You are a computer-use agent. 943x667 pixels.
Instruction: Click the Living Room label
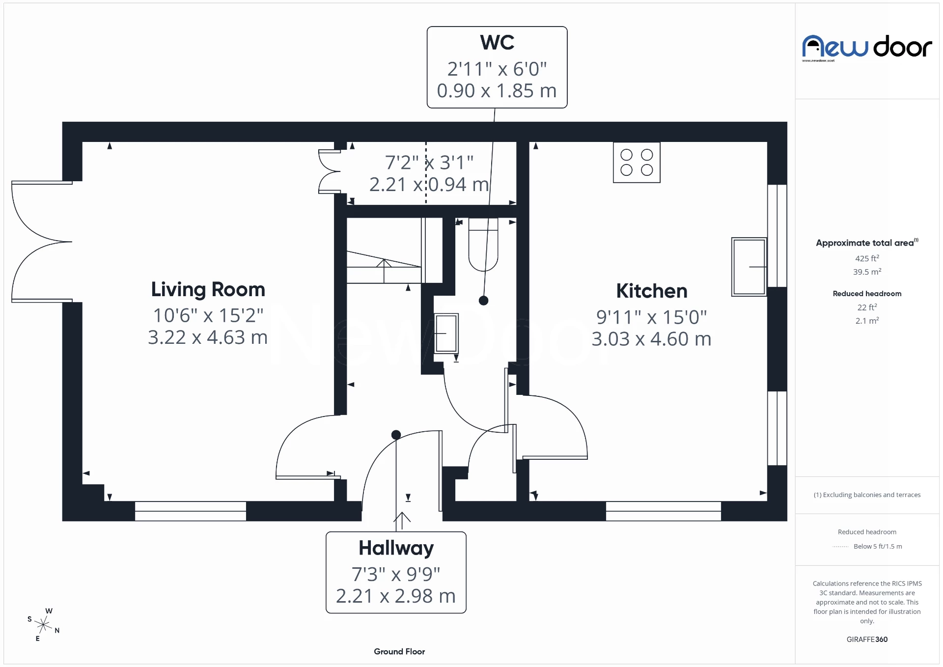[x=208, y=289]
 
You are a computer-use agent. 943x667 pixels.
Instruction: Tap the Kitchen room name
[x=651, y=291]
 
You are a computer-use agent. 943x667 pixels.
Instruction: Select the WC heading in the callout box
[x=497, y=43]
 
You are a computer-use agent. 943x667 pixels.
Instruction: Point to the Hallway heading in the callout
[x=396, y=548]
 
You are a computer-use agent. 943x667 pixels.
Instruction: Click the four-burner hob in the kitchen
[x=637, y=163]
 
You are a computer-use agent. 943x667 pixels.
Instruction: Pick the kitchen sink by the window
[x=749, y=267]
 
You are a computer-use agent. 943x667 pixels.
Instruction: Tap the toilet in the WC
[x=483, y=245]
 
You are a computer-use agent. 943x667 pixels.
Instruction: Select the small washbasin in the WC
[x=446, y=333]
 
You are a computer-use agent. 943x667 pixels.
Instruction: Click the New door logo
[x=867, y=48]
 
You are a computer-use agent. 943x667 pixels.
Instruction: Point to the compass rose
[x=44, y=625]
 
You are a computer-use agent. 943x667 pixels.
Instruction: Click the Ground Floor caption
[x=399, y=651]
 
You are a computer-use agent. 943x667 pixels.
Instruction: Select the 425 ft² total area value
[x=867, y=258]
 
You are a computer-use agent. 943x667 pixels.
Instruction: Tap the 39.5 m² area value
[x=867, y=272]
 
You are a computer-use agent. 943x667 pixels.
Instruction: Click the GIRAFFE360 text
[x=867, y=639]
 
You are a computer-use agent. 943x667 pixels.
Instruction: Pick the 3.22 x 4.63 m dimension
[x=208, y=337]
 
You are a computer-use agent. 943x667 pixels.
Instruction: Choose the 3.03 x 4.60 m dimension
[x=651, y=339]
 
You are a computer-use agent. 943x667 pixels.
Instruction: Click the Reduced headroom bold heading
[x=867, y=294]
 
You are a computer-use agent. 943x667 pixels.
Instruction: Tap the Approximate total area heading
[x=864, y=243]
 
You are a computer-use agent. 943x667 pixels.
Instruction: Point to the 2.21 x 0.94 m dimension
[x=429, y=185]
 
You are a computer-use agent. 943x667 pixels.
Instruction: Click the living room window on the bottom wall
[x=191, y=511]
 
